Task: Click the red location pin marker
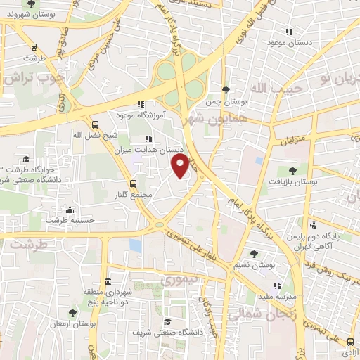coord(180,165)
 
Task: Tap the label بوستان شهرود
coord(23,14)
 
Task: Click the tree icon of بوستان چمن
coord(225,90)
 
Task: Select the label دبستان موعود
coord(290,42)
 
